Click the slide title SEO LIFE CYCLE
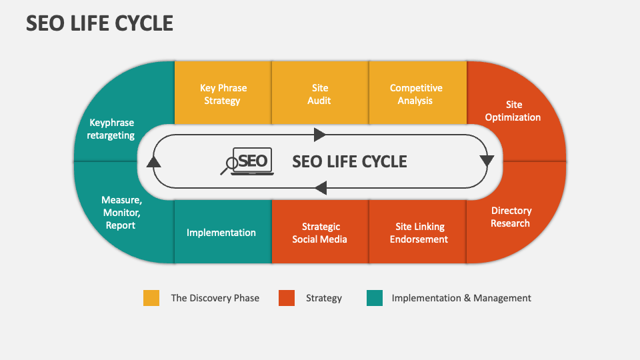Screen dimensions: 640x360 (x=99, y=23)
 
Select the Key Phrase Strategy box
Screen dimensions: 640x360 (x=223, y=93)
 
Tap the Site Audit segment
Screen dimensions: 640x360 (x=321, y=93)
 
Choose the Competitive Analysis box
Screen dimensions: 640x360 (x=417, y=93)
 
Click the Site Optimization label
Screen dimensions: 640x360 (x=513, y=111)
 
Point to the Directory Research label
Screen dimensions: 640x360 (x=511, y=217)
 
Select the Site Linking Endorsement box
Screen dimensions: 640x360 (x=417, y=231)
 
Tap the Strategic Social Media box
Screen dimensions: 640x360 (x=321, y=231)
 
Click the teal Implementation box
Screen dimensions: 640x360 (x=223, y=231)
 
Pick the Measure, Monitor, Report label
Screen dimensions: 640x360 (x=121, y=212)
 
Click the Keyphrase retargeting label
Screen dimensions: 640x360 (x=111, y=129)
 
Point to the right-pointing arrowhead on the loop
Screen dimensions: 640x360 (x=319, y=135)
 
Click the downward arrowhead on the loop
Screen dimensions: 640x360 (x=487, y=161)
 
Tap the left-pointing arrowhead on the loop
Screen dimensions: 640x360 (x=321, y=188)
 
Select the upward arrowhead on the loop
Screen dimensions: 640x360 (x=153, y=161)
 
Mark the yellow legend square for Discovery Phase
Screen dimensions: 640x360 (x=151, y=298)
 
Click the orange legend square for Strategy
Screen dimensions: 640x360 (x=287, y=298)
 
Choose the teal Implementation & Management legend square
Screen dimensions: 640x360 (x=375, y=298)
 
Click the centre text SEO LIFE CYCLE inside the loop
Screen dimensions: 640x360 (x=349, y=161)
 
